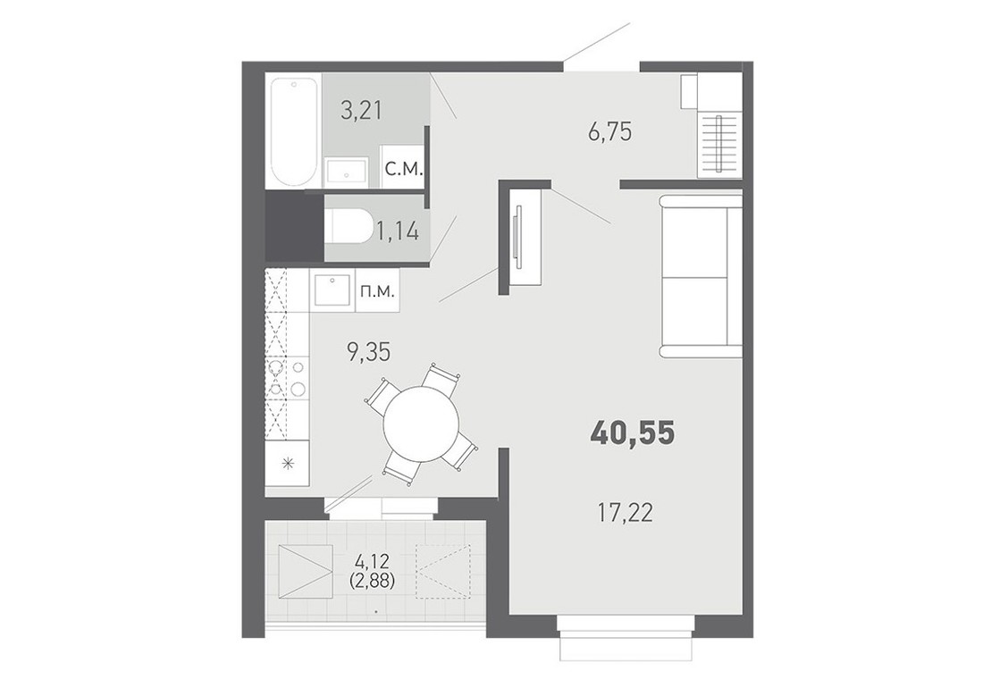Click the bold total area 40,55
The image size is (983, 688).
(x=633, y=432)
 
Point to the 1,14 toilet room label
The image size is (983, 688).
(x=397, y=231)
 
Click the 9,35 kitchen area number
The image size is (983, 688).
(x=368, y=353)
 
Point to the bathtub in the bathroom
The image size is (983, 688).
(x=293, y=130)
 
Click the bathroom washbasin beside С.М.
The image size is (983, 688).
(x=346, y=172)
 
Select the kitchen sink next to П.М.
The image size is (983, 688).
(x=332, y=290)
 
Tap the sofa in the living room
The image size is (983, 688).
(x=701, y=277)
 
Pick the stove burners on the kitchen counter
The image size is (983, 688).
(x=287, y=376)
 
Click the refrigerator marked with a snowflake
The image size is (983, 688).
(x=287, y=463)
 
